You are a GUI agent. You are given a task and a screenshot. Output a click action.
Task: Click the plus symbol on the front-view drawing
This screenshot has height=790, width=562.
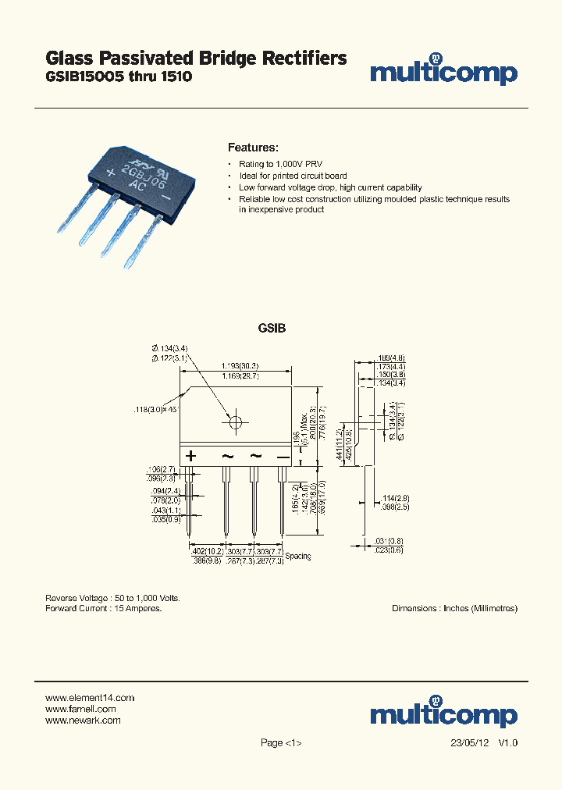click(x=190, y=456)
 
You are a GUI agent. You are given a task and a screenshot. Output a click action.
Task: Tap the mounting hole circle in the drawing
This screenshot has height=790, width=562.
click(x=235, y=422)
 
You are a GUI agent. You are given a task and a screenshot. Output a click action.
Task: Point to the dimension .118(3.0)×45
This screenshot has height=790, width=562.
click(x=155, y=408)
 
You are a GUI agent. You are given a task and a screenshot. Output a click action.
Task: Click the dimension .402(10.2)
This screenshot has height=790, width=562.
click(x=205, y=550)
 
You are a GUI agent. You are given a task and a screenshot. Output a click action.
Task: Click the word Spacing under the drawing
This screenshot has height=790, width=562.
click(x=297, y=557)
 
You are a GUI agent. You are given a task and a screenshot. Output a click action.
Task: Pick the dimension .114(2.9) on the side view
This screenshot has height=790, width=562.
click(x=397, y=497)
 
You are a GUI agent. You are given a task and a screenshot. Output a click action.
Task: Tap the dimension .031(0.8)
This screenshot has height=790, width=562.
click(x=389, y=542)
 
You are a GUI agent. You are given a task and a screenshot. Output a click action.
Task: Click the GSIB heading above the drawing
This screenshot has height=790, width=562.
click(x=272, y=329)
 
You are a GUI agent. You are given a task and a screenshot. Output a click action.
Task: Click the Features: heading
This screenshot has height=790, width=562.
click(x=253, y=148)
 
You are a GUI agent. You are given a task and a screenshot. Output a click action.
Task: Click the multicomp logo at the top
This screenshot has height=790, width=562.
click(x=443, y=73)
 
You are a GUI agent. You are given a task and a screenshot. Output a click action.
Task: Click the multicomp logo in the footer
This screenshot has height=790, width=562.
click(x=443, y=713)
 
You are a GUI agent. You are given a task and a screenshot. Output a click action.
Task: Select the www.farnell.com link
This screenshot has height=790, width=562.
click(x=81, y=709)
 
